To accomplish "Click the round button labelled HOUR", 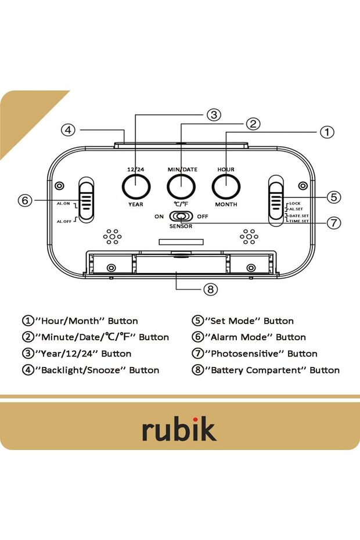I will click(x=226, y=186).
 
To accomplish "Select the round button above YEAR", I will click(x=136, y=186).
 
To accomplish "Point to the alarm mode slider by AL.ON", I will click(x=87, y=200).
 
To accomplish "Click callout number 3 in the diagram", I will click(x=214, y=114).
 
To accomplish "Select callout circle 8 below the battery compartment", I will click(x=210, y=289).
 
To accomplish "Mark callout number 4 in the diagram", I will click(x=69, y=130).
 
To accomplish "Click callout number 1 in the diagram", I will click(x=327, y=132).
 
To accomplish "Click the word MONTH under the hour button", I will click(x=226, y=205).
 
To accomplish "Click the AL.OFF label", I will click(x=63, y=221).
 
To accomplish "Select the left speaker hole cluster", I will click(x=112, y=236).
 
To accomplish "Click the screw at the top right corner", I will click(x=302, y=186).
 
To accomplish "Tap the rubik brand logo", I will click(x=179, y=429).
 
